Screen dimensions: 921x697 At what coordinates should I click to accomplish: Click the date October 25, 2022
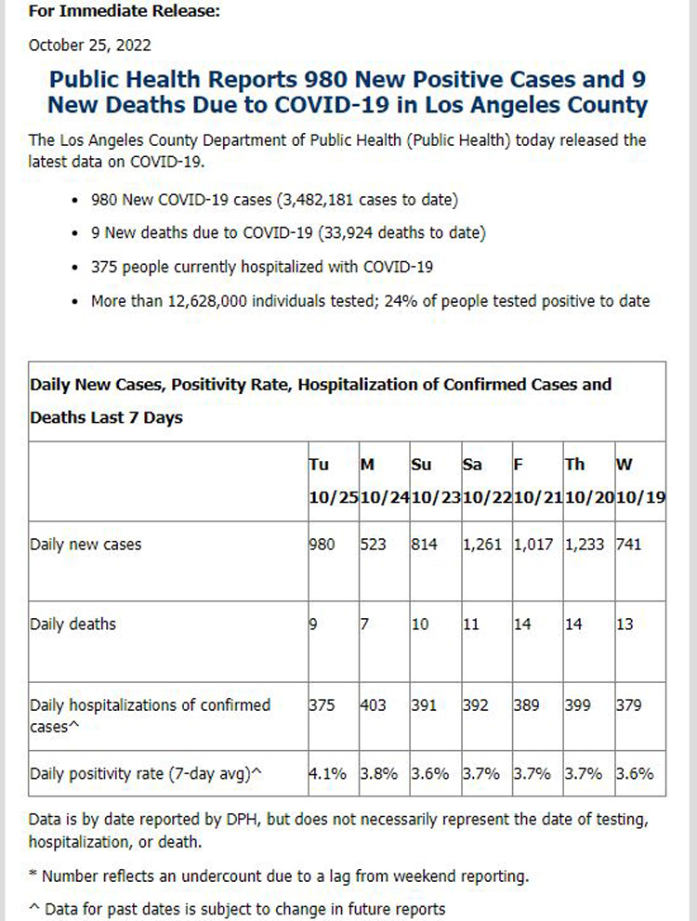(x=90, y=44)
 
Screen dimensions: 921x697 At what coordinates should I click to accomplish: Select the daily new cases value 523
(x=373, y=545)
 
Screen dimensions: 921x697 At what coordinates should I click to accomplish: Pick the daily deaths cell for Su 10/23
(x=420, y=625)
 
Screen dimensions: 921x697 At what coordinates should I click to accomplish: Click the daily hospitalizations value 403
(x=374, y=705)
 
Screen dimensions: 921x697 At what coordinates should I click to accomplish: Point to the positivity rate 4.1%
(x=327, y=773)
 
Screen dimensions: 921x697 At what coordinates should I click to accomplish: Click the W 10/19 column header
(x=640, y=480)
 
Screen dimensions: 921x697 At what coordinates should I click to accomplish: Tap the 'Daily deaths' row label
(x=72, y=625)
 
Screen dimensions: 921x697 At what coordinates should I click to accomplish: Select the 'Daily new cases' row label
(x=85, y=545)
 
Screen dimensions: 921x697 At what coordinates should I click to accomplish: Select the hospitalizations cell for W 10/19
(x=630, y=705)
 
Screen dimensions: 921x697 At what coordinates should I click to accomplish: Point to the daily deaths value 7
(x=364, y=625)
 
